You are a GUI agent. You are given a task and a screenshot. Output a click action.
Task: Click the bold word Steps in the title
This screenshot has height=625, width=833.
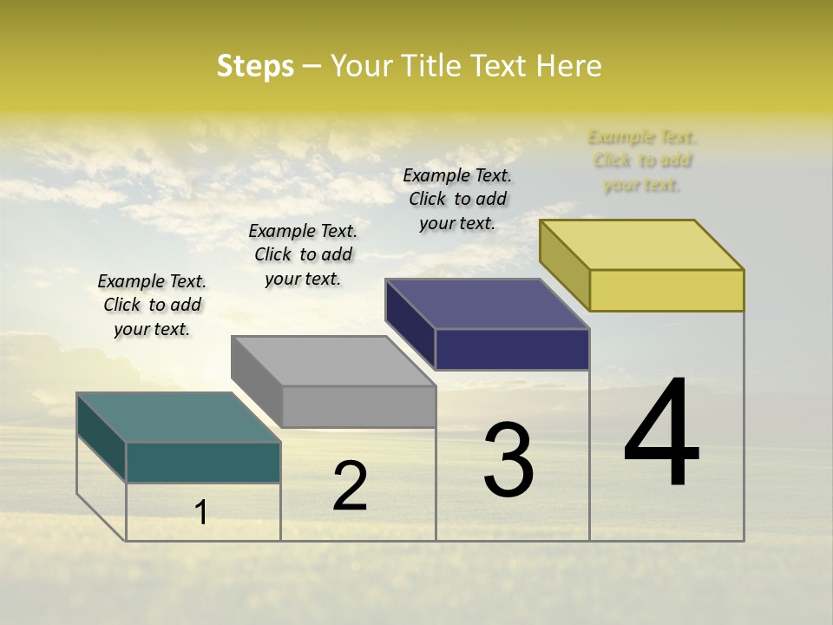[255, 66]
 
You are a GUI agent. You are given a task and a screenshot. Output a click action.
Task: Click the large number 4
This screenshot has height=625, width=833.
[662, 433]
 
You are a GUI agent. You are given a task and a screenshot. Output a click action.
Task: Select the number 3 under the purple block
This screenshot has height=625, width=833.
[508, 460]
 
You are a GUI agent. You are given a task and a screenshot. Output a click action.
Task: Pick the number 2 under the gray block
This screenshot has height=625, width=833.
[351, 486]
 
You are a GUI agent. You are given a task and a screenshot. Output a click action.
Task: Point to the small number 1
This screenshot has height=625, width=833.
[201, 513]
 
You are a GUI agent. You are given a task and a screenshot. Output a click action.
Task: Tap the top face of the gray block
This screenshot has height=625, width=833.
[333, 361]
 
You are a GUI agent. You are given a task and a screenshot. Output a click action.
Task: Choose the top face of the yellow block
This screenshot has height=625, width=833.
[642, 245]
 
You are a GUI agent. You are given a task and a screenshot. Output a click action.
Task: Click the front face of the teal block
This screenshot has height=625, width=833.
[203, 462]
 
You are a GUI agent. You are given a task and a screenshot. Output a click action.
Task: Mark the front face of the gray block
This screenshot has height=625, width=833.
[358, 406]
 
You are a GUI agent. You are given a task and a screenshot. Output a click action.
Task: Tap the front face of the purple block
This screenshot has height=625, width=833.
[512, 349]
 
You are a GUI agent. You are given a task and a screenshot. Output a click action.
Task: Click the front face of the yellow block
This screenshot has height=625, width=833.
[666, 290]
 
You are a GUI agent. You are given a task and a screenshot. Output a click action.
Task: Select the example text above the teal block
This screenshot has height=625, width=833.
[152, 305]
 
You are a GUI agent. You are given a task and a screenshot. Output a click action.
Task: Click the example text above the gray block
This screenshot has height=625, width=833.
[303, 254]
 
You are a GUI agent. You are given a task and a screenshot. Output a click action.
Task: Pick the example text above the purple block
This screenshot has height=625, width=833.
[457, 199]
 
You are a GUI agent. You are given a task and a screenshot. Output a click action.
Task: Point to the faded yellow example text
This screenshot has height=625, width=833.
[642, 161]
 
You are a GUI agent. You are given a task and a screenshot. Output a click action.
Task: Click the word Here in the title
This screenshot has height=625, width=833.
[569, 66]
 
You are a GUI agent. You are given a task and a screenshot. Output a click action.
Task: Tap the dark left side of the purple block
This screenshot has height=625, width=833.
[410, 323]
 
